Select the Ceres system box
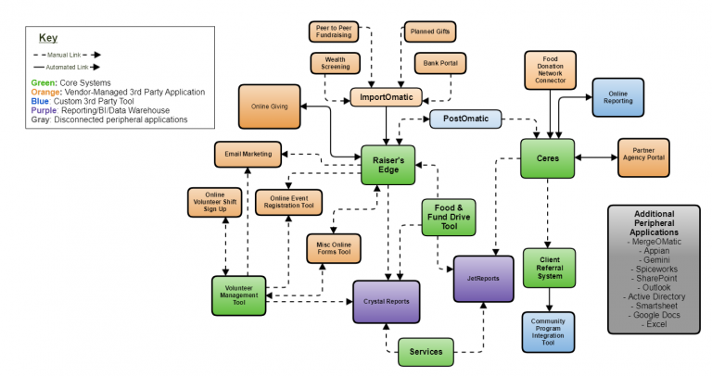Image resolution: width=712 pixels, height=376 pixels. tap(547, 157)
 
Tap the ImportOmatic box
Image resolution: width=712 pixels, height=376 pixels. tap(387, 96)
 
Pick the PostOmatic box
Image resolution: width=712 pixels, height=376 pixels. tap(465, 119)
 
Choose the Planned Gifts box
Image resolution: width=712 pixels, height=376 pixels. tap(428, 31)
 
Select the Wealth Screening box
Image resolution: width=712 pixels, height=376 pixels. tap(337, 64)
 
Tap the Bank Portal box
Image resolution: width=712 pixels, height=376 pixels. tap(440, 64)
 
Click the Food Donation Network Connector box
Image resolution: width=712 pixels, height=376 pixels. tap(551, 69)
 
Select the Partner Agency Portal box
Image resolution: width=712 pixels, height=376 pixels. tap(642, 157)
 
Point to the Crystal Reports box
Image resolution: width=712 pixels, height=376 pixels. tap(386, 302)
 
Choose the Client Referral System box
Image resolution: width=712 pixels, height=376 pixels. tap(549, 268)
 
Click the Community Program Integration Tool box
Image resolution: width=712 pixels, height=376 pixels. tap(549, 332)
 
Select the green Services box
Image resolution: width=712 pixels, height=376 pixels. tap(427, 352)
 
